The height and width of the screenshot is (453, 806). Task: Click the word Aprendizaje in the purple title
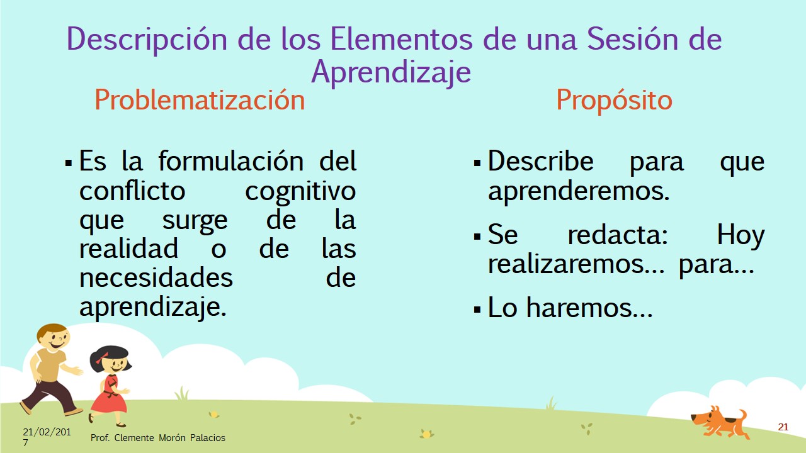point(391,72)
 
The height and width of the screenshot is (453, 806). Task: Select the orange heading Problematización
point(200,99)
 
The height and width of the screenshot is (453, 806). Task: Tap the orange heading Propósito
point(614,101)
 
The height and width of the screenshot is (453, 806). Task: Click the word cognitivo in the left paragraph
point(300,192)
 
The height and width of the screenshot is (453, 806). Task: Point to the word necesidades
point(156,277)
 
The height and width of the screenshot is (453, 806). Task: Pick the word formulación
point(231,161)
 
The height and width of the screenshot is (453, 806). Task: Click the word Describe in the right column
point(540,160)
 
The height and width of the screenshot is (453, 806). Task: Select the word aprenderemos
point(579,191)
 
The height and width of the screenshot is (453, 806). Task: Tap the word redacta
point(618,235)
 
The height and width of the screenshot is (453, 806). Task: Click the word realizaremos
point(576,264)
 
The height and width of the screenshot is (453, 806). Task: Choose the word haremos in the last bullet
point(589,308)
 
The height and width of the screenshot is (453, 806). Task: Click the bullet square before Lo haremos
point(477,310)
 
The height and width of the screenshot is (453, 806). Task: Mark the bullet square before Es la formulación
point(69,163)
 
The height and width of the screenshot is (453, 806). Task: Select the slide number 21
point(783,427)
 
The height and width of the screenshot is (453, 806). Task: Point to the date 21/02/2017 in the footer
point(47,437)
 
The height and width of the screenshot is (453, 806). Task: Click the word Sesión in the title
point(632,39)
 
